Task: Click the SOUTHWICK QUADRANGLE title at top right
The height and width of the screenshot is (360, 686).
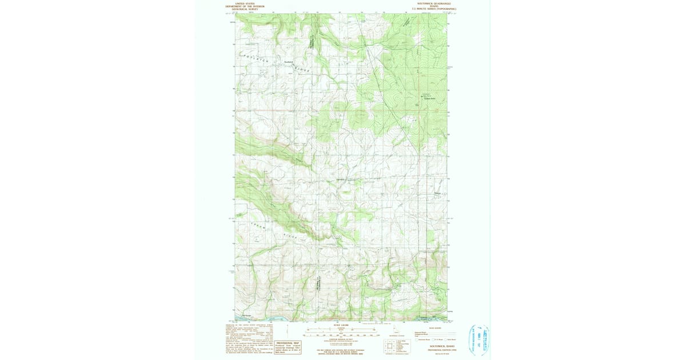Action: point(430,3)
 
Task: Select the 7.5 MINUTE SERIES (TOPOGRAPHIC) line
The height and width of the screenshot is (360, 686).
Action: point(430,9)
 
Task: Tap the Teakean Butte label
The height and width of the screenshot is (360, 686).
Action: point(429,98)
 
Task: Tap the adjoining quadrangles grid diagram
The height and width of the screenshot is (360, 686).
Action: point(390,346)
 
